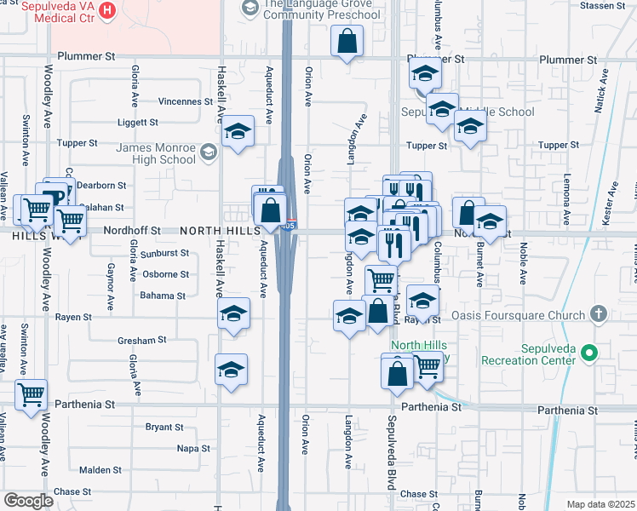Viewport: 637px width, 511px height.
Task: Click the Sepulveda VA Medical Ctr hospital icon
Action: pos(108,11)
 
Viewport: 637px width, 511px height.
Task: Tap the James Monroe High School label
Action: pos(156,153)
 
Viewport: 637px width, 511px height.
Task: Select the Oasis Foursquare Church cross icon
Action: pos(599,315)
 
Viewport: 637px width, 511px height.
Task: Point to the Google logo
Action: pos(28,501)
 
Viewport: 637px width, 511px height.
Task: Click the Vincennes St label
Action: pos(185,101)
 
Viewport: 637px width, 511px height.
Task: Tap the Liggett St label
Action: pos(139,123)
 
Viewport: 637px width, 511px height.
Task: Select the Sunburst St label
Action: pos(165,253)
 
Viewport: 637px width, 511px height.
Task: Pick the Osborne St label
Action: pos(166,274)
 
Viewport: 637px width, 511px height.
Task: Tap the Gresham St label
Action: pos(142,340)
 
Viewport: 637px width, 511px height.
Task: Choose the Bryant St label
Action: pos(164,427)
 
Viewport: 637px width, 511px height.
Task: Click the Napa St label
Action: pos(193,448)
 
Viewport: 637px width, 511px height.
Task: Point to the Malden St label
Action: pos(100,470)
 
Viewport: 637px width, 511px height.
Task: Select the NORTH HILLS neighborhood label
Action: pos(214,231)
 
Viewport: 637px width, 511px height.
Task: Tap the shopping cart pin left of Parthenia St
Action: pos(31,394)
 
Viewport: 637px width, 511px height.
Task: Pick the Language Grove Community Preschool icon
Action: pos(250,9)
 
